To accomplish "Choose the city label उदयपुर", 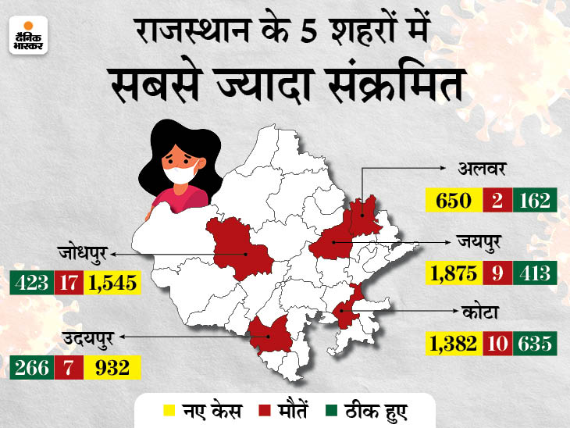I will (x=83, y=338).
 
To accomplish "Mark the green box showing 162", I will (x=534, y=200).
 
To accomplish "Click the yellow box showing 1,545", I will (x=114, y=283).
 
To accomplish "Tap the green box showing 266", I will (x=31, y=367).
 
